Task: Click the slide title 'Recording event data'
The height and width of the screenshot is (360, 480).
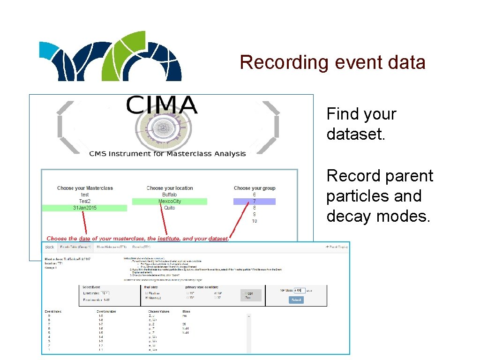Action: click(332, 62)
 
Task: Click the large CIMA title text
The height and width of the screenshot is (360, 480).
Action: click(162, 105)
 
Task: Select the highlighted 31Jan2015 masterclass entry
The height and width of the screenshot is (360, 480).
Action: click(85, 208)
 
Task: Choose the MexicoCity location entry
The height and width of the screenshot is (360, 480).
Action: click(170, 202)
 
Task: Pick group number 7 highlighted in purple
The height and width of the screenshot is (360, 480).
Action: click(254, 202)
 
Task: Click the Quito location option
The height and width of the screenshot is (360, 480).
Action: click(170, 208)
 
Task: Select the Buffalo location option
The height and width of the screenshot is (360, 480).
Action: click(170, 195)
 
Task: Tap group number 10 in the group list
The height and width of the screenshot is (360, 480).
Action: click(254, 221)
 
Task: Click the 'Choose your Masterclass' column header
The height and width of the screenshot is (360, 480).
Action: click(85, 188)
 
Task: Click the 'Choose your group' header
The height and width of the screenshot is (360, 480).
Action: click(255, 188)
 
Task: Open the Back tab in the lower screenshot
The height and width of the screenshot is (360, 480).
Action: click(50, 247)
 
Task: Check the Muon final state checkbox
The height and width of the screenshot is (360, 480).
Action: click(147, 298)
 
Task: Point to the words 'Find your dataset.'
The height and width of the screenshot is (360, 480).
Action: click(361, 124)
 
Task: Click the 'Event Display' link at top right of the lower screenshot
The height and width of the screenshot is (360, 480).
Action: click(337, 247)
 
